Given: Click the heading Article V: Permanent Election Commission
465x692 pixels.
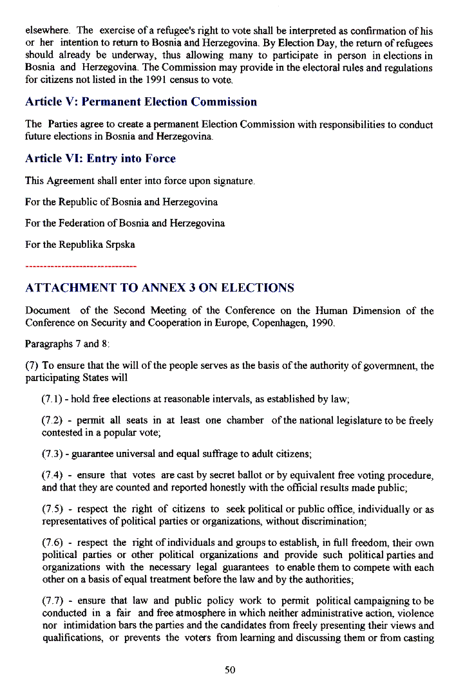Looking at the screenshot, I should tap(140, 102).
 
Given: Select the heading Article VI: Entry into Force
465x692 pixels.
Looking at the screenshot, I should tap(100, 158).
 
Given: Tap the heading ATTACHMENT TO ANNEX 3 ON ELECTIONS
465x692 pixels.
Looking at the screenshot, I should tap(160, 288).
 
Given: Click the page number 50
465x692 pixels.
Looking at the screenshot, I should tap(230, 670).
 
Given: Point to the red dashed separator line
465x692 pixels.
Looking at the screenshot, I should tap(81, 266).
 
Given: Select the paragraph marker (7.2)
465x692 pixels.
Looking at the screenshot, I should tap(52, 420).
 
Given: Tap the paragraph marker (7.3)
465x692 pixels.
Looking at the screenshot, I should tap(52, 454).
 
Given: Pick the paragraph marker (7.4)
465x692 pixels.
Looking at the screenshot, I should tap(52, 476).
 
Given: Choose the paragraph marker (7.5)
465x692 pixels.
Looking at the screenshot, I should tap(52, 509).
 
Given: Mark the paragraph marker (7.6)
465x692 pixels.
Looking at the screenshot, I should tap(52, 543).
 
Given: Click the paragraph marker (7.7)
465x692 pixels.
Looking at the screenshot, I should tap(52, 601).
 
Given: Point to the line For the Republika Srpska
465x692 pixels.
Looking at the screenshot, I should tap(80, 245).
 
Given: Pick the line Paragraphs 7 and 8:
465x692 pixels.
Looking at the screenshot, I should tap(67, 344).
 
